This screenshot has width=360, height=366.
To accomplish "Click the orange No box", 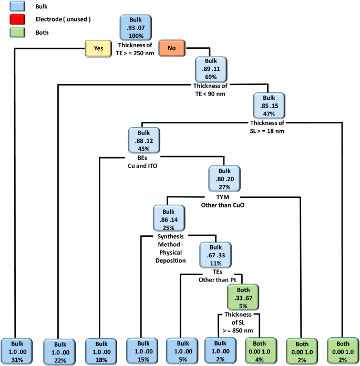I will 171,48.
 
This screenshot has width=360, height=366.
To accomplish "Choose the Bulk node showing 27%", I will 224,179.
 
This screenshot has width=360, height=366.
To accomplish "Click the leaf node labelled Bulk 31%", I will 17,350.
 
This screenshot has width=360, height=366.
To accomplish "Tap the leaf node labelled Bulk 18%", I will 101,350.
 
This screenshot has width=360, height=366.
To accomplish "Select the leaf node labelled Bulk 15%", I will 141,350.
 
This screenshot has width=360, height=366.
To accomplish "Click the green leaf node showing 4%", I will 261,350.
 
